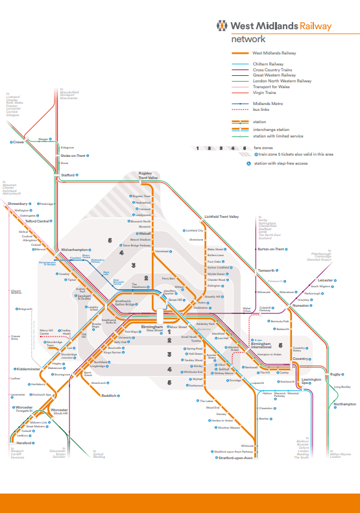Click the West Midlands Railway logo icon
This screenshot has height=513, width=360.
click(x=223, y=26)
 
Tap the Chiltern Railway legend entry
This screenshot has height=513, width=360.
click(x=267, y=64)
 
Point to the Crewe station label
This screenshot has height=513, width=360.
click(x=18, y=142)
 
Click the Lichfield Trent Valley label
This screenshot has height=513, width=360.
click(x=222, y=217)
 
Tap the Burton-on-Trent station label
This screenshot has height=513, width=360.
click(x=272, y=249)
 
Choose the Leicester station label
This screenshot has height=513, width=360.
click(x=326, y=280)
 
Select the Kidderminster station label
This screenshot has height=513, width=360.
click(x=28, y=369)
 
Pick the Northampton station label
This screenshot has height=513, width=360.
click(x=344, y=404)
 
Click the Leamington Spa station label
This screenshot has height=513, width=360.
click(x=312, y=381)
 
